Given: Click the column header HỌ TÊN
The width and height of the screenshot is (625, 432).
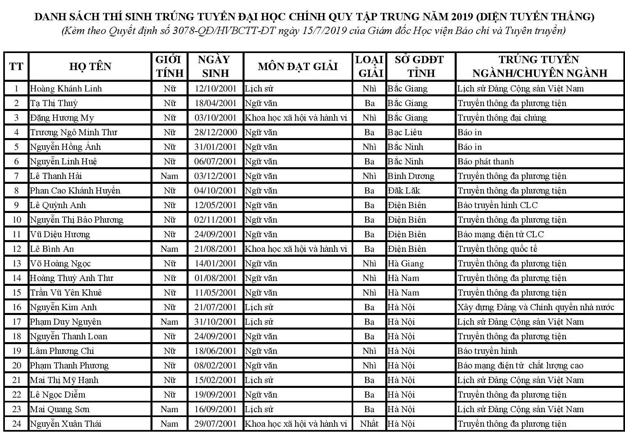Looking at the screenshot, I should (x=90, y=66).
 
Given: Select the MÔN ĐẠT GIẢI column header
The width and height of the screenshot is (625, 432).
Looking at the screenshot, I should (x=298, y=66).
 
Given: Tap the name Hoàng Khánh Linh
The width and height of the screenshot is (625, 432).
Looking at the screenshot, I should (x=66, y=89).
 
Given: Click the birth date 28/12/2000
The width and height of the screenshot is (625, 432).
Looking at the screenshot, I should (x=215, y=132).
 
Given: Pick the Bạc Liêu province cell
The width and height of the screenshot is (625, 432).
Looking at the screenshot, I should (x=405, y=132).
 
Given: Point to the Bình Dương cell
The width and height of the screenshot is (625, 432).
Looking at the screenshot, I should (x=411, y=176).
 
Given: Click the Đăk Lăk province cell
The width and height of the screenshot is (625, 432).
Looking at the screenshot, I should (x=404, y=191).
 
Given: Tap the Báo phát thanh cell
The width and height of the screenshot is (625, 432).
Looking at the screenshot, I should (x=485, y=162).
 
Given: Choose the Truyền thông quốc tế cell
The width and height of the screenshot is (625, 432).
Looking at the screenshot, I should (x=497, y=249).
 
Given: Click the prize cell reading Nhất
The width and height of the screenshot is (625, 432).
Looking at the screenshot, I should (x=369, y=424).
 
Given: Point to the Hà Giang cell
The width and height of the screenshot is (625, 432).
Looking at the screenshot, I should (x=406, y=264).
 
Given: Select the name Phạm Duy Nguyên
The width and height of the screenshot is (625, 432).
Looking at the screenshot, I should (x=66, y=322).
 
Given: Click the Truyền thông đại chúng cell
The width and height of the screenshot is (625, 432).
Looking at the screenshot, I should (x=502, y=118).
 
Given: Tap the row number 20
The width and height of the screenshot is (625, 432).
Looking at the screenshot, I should (x=17, y=366).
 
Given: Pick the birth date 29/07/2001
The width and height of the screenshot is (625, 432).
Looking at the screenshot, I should (x=215, y=424).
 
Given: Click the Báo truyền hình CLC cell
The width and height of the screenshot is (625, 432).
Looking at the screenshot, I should (x=497, y=205).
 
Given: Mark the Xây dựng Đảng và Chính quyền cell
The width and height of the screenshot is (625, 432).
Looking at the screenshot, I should (x=536, y=307).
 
